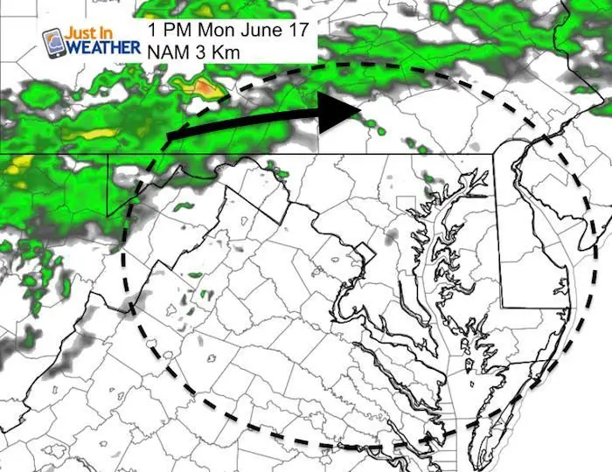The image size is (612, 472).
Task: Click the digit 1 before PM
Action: (154, 29)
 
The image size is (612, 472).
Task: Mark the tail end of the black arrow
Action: (169, 138)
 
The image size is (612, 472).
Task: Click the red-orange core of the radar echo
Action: (203, 87)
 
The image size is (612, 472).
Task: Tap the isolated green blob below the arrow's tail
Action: (184, 207)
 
